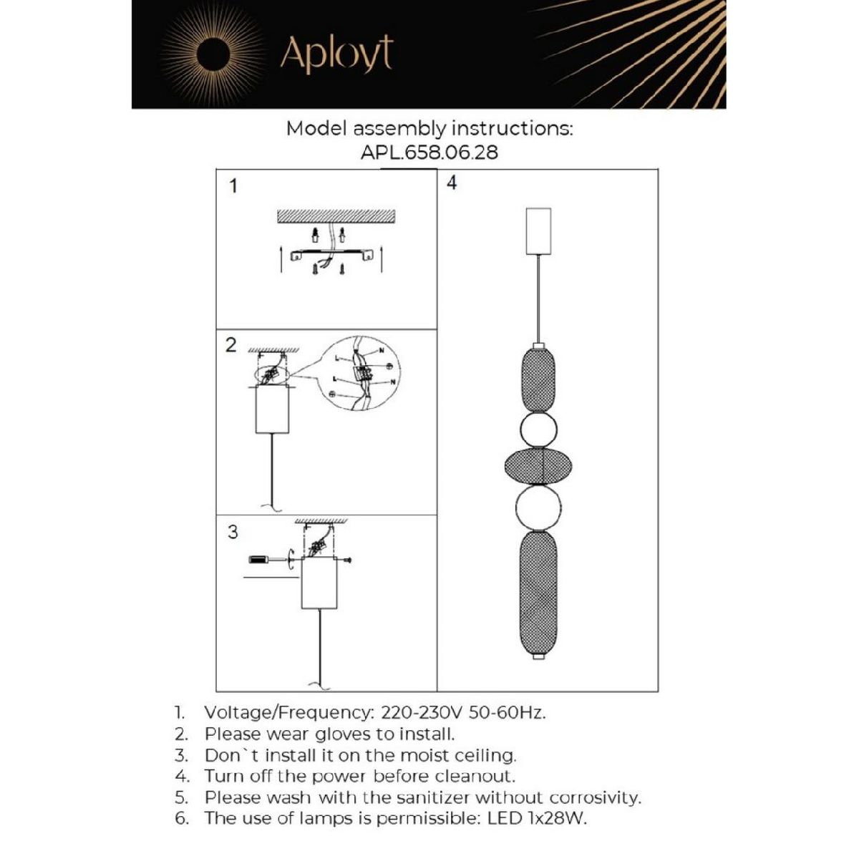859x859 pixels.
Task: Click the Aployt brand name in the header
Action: (x=336, y=54)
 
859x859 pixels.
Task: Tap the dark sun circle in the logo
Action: (x=213, y=54)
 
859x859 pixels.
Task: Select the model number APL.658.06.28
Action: (x=429, y=152)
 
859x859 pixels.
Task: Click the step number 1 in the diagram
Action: (x=233, y=187)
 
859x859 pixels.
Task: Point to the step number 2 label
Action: (x=230, y=345)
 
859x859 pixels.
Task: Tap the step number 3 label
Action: (x=233, y=533)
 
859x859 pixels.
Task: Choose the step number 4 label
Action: (x=451, y=183)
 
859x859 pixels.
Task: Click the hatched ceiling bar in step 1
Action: (x=335, y=215)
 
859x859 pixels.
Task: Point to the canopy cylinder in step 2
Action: (x=273, y=409)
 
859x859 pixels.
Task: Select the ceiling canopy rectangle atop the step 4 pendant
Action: (x=538, y=230)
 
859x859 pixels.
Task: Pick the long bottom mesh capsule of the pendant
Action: (x=538, y=591)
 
